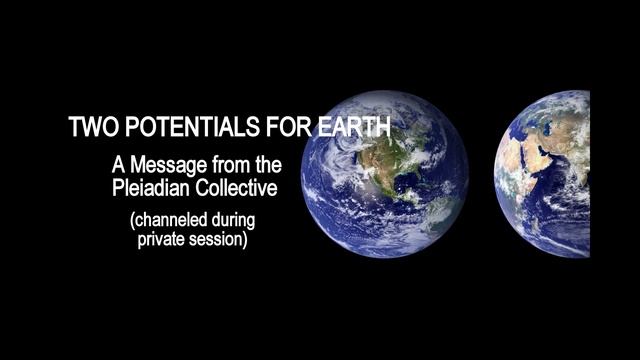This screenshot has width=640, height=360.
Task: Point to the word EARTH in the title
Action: (346, 128)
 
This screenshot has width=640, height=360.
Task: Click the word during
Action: (245, 219)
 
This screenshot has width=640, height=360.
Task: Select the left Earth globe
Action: (384, 174)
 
